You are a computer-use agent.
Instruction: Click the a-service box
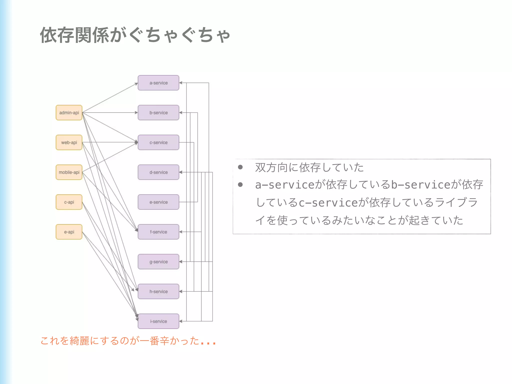(x=158, y=83)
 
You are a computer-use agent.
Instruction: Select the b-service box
(x=158, y=112)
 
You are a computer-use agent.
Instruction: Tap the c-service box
(x=158, y=142)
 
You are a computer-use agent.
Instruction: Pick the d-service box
(x=158, y=172)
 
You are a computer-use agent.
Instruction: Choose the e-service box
(x=158, y=202)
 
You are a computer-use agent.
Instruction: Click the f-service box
(x=158, y=232)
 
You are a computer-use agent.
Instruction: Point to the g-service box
(x=158, y=262)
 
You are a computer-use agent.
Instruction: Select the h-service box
(x=158, y=291)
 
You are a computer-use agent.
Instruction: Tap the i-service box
(x=158, y=321)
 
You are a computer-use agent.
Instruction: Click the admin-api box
(x=69, y=112)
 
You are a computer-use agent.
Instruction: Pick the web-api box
(x=69, y=142)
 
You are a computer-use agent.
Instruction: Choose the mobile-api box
(x=69, y=172)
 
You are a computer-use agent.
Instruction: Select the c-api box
(x=69, y=202)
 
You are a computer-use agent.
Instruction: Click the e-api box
(x=69, y=232)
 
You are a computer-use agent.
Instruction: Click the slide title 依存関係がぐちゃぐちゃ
(x=135, y=35)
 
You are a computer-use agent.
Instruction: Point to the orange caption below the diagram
(x=128, y=341)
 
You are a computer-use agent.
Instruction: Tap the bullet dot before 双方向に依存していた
(x=240, y=167)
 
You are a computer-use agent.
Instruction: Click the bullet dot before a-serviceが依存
(x=240, y=185)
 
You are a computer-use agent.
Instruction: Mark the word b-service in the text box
(x=420, y=185)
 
